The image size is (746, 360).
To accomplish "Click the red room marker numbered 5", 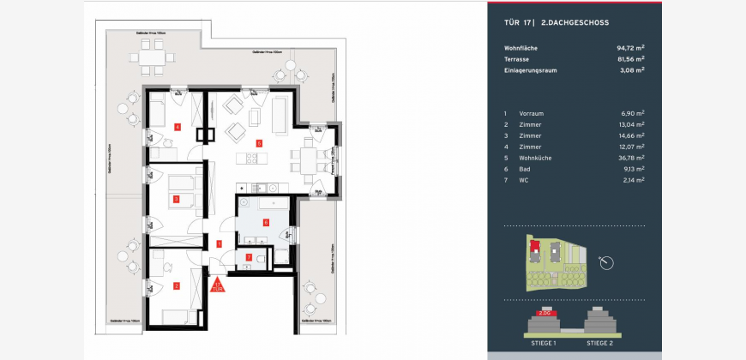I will (259, 143).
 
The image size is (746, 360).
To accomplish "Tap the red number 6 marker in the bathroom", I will (266, 222).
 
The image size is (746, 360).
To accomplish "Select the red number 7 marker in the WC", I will (249, 257).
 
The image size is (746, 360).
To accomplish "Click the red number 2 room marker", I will (177, 285).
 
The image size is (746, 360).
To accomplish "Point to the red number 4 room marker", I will (177, 127).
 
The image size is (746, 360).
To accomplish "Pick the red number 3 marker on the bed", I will (175, 200).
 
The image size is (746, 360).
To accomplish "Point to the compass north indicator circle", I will (608, 261).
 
